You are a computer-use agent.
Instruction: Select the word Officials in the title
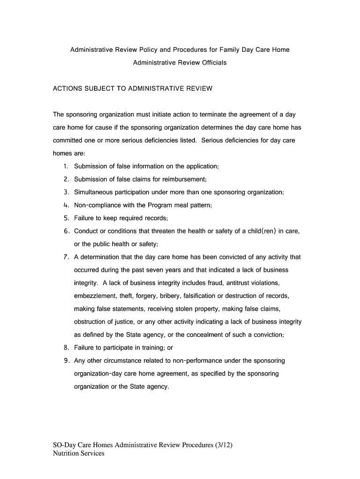point(212,63)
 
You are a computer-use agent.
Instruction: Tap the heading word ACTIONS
point(67,88)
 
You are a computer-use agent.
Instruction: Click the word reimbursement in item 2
point(182,180)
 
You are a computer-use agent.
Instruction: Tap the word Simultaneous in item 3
point(94,192)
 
